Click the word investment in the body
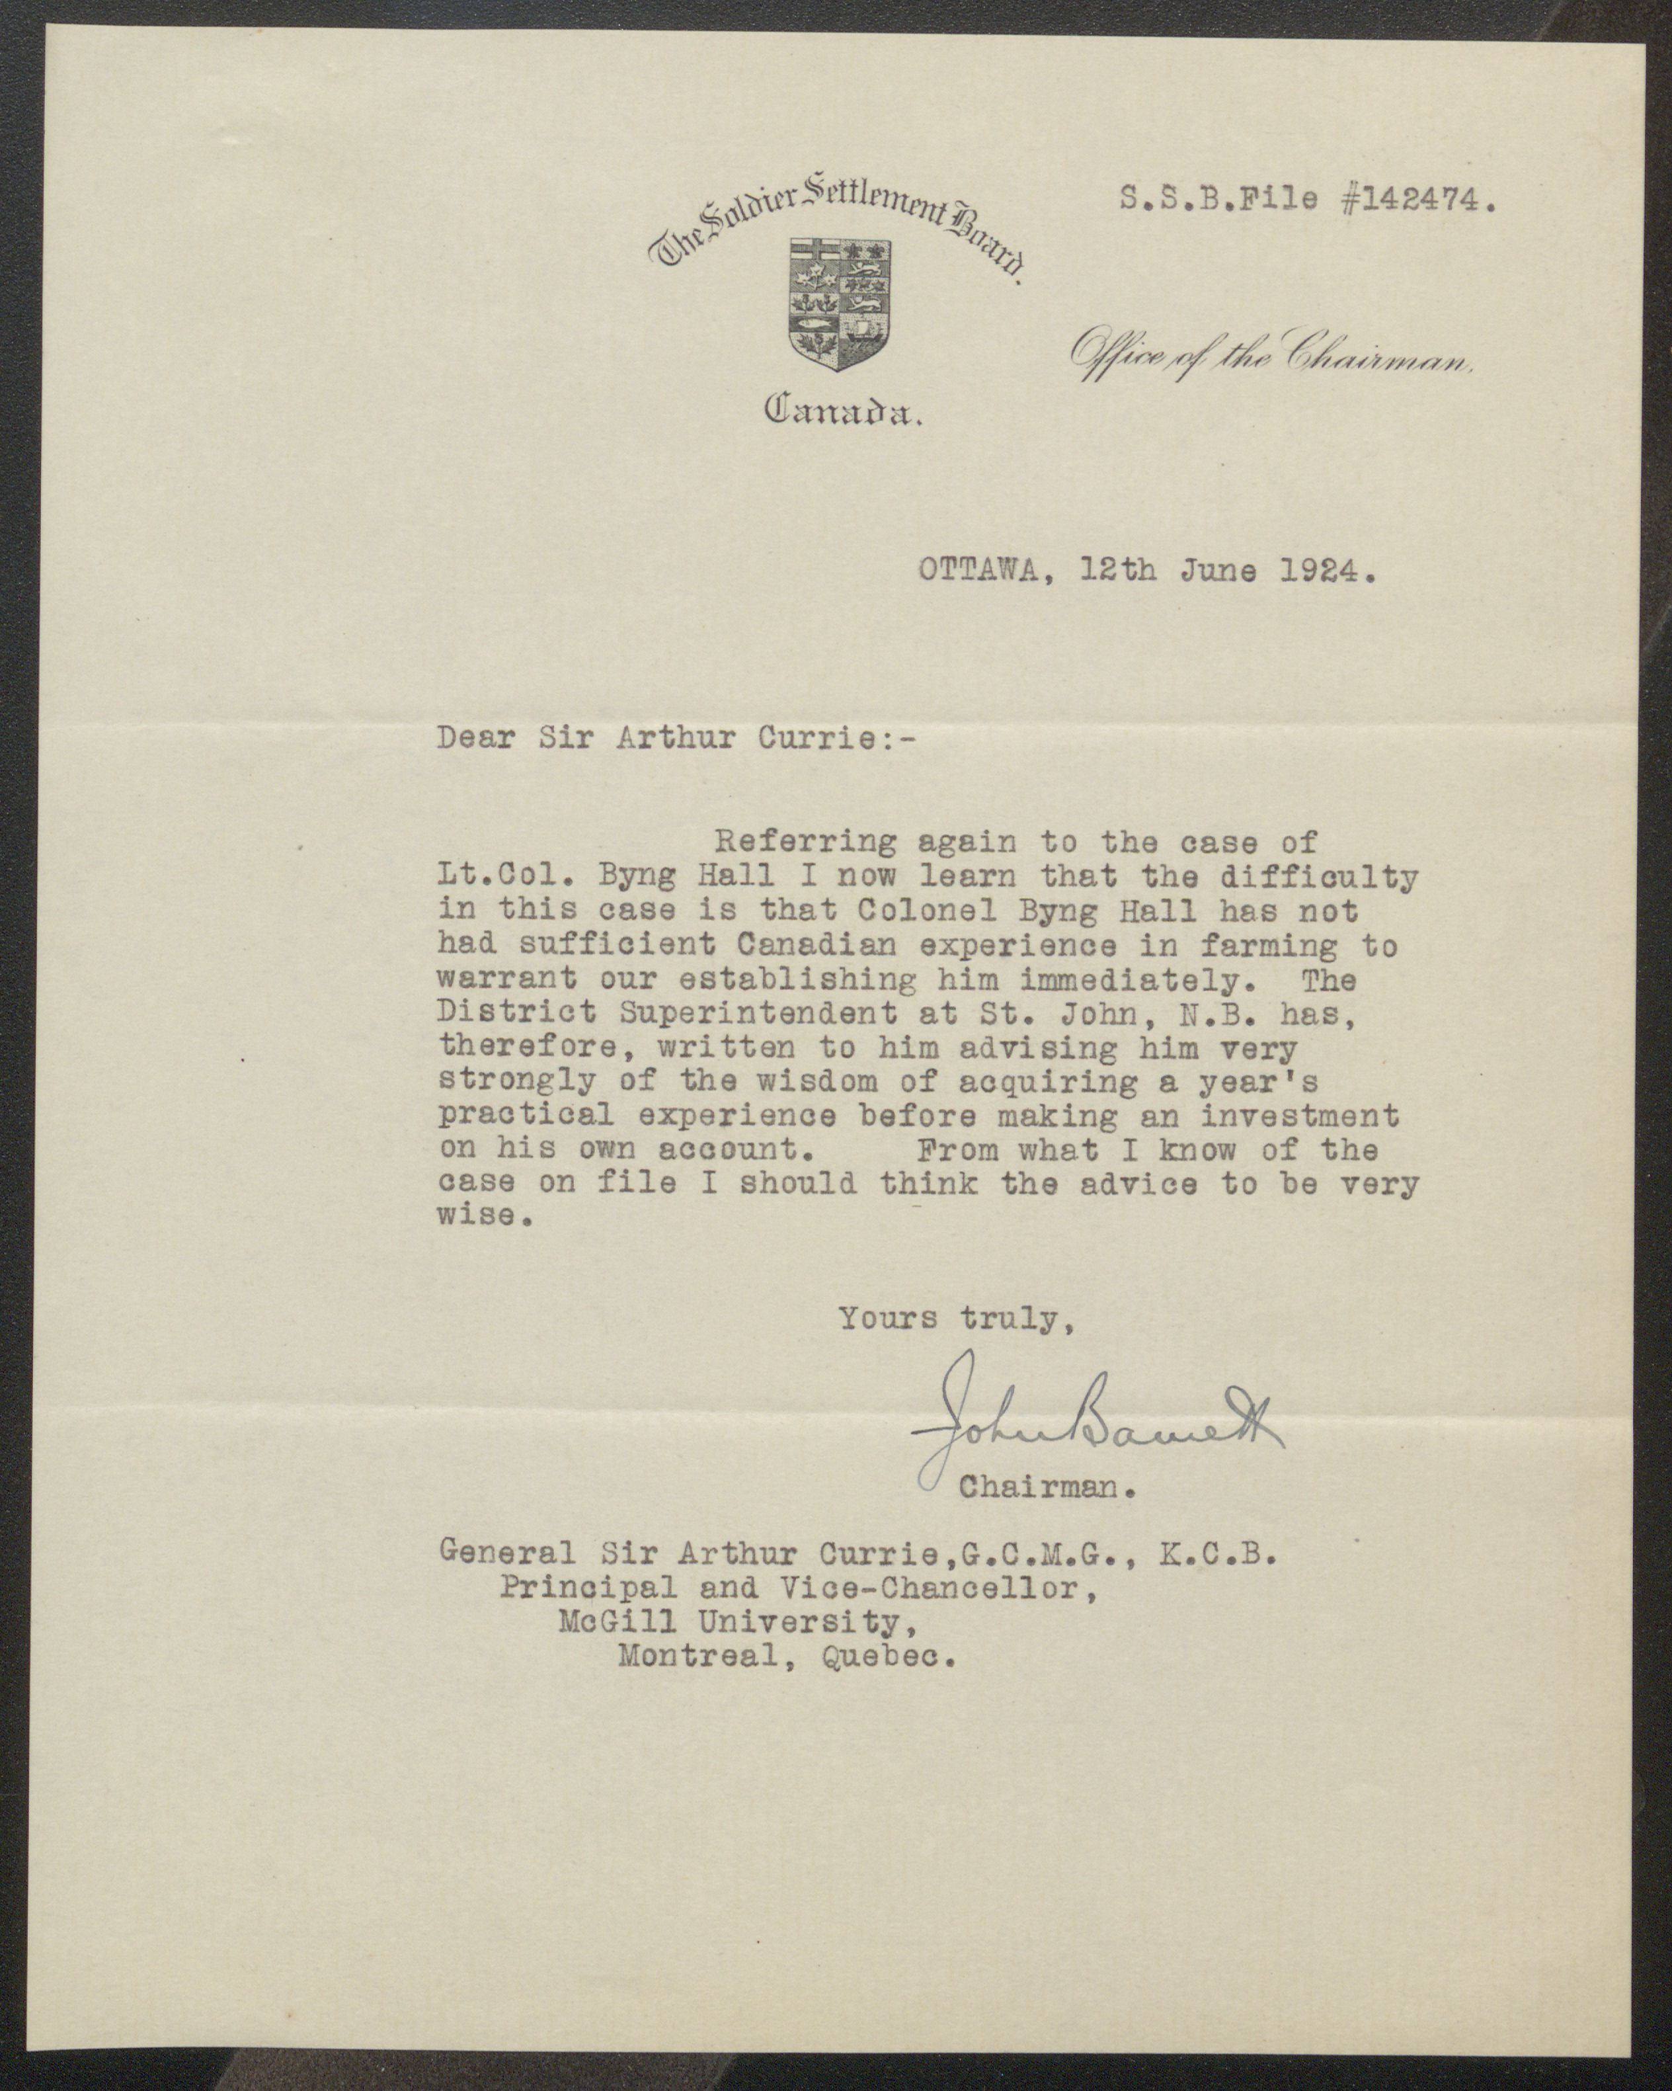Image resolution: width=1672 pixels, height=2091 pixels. tap(1300, 1116)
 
